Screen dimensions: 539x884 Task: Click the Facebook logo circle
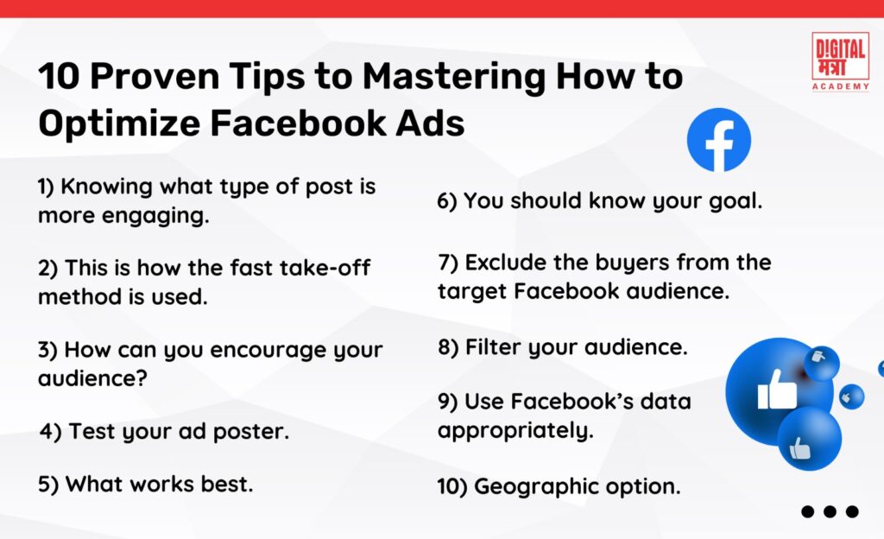point(718,140)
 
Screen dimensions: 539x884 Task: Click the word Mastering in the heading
point(453,79)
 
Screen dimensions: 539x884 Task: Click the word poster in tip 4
point(253,430)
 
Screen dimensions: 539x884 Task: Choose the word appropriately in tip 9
point(515,430)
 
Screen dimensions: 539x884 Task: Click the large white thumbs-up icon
point(777,390)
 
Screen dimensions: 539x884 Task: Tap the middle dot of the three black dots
point(830,511)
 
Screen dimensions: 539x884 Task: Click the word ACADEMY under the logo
point(840,86)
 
